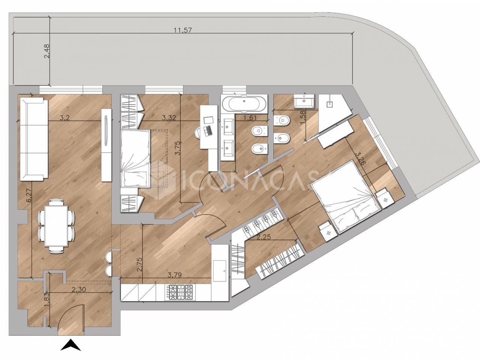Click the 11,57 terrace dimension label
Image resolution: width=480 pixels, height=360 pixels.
tap(183, 30)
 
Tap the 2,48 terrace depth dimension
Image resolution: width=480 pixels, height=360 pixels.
tap(47, 51)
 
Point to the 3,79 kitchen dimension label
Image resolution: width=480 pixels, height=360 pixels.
tap(174, 275)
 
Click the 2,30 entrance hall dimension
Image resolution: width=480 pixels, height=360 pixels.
tap(79, 289)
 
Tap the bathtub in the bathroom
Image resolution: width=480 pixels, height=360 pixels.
tap(244, 104)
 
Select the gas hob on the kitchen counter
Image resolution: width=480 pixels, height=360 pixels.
tap(179, 292)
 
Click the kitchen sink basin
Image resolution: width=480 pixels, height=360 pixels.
tap(220, 271)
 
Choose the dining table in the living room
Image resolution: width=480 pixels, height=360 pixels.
tap(56, 226)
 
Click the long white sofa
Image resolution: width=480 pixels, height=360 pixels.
tap(34, 139)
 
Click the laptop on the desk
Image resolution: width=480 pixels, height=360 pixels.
tap(207, 130)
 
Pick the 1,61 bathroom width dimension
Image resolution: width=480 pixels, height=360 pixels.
tap(250, 118)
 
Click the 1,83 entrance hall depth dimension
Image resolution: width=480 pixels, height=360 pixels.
tap(47, 300)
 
